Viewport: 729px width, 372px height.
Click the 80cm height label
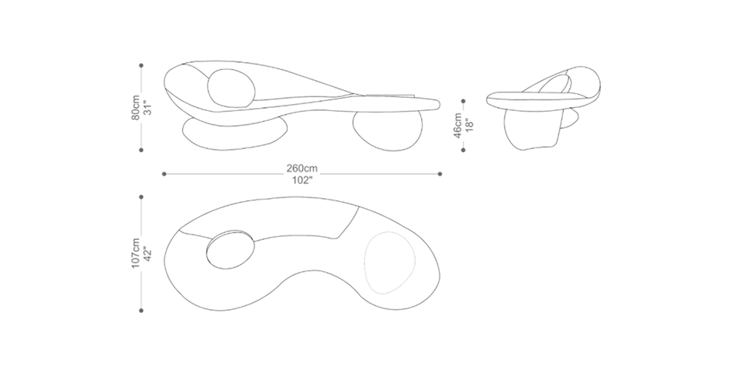coord(136,107)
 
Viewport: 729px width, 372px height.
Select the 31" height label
coord(147,107)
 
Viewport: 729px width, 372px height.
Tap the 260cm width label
coord(302,169)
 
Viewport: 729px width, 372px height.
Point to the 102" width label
coord(302,181)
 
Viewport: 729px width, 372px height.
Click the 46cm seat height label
coord(458,125)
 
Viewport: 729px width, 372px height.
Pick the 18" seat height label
coord(469,125)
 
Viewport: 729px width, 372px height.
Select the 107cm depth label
coord(135,253)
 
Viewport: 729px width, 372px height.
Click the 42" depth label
coord(147,253)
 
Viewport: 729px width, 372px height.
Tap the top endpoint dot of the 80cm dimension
coord(141,66)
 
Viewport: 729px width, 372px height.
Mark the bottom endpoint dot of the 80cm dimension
coord(141,150)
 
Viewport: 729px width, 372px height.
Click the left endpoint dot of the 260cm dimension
coord(164,174)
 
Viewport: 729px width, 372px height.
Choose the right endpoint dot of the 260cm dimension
coord(440,174)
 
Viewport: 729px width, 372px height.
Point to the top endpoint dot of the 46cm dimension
coord(463,101)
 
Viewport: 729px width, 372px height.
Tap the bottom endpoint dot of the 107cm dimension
coord(141,310)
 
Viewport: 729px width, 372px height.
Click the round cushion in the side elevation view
coord(232,88)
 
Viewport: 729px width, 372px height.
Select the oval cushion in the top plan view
coord(230,249)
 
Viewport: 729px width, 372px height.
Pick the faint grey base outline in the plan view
coord(389,262)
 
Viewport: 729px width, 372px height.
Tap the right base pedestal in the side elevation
coord(388,130)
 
